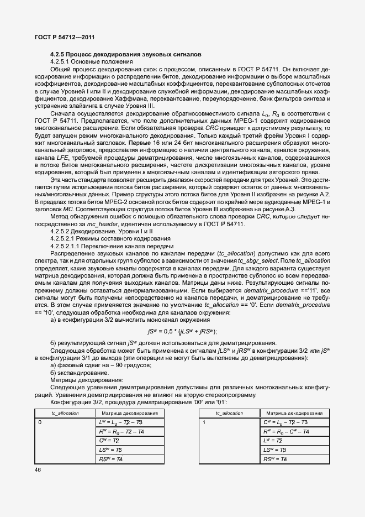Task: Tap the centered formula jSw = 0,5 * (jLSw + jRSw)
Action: click(182, 331)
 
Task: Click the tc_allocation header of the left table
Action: click(65, 413)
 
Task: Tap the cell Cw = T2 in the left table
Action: click(110, 441)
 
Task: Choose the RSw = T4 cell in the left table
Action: click(111, 459)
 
